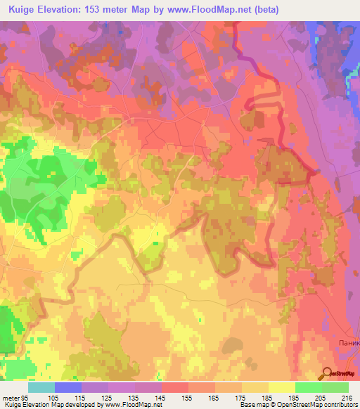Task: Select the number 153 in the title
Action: click(94, 10)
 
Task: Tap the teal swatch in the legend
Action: click(41, 387)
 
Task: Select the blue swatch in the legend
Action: click(68, 387)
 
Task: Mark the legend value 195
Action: click(295, 397)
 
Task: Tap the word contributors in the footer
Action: click(339, 405)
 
